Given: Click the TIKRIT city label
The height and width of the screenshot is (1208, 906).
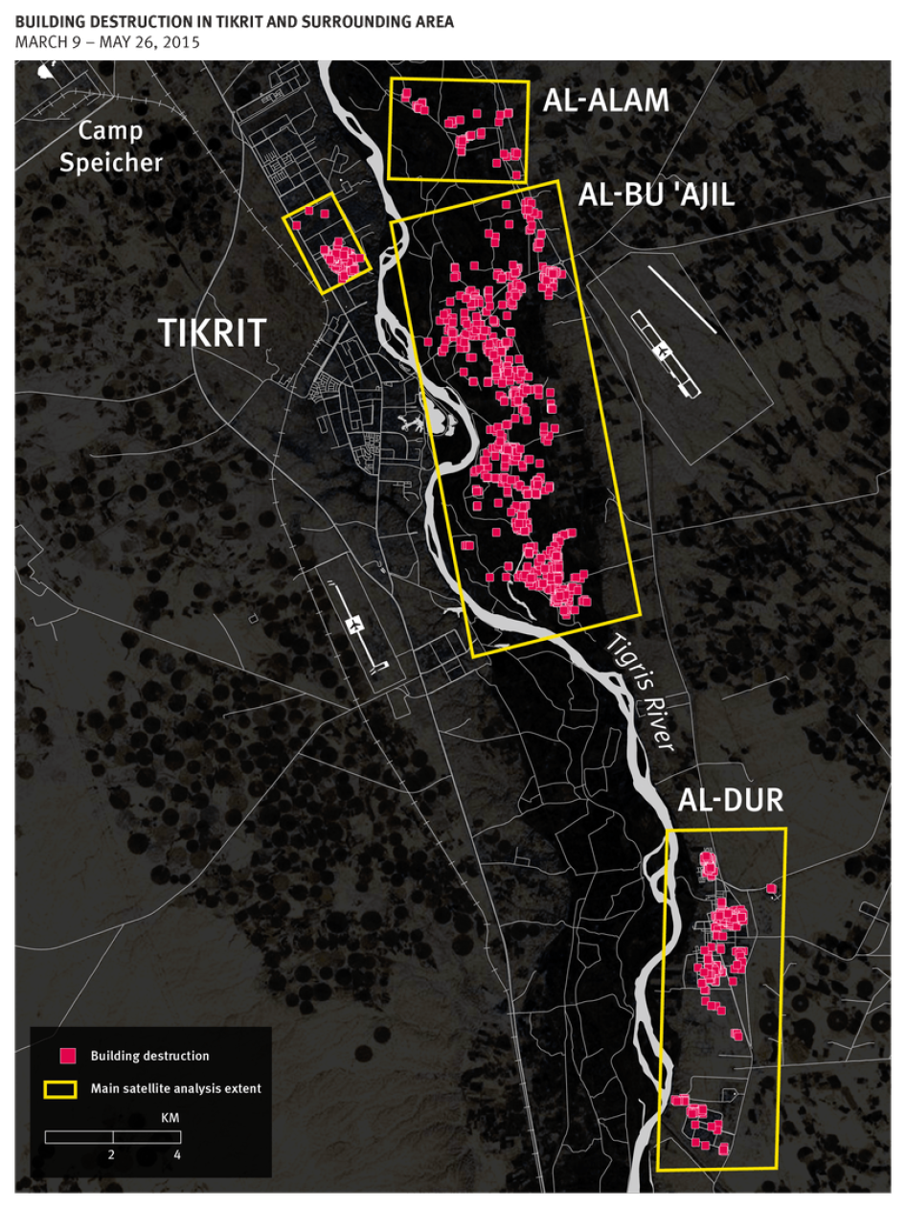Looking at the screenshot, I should coord(212,332).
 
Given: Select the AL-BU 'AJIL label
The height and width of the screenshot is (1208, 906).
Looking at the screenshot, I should coord(656,195).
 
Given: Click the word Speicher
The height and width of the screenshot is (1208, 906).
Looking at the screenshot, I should coord(111,162).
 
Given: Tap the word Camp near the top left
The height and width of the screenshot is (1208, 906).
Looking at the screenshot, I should coord(110,131).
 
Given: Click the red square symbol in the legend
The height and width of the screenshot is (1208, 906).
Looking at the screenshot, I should coord(68,1056).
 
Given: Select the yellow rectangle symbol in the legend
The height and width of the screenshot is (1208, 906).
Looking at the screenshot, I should coord(60,1089).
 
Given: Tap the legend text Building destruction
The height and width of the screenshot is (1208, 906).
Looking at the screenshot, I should coord(149,1056).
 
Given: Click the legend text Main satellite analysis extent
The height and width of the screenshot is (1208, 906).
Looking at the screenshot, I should coord(175,1089).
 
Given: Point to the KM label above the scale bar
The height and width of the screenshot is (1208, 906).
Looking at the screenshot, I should coord(170,1118).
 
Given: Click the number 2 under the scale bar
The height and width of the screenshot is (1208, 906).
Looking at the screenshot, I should coord(112,1154).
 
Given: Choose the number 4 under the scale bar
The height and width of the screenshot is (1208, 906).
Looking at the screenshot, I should coord(177,1154).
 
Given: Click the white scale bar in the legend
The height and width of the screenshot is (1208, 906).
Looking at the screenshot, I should coord(113,1137).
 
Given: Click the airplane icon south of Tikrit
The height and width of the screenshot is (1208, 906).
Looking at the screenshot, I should coord(356,625).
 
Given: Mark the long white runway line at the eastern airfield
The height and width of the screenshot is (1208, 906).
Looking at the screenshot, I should coord(682,299).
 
